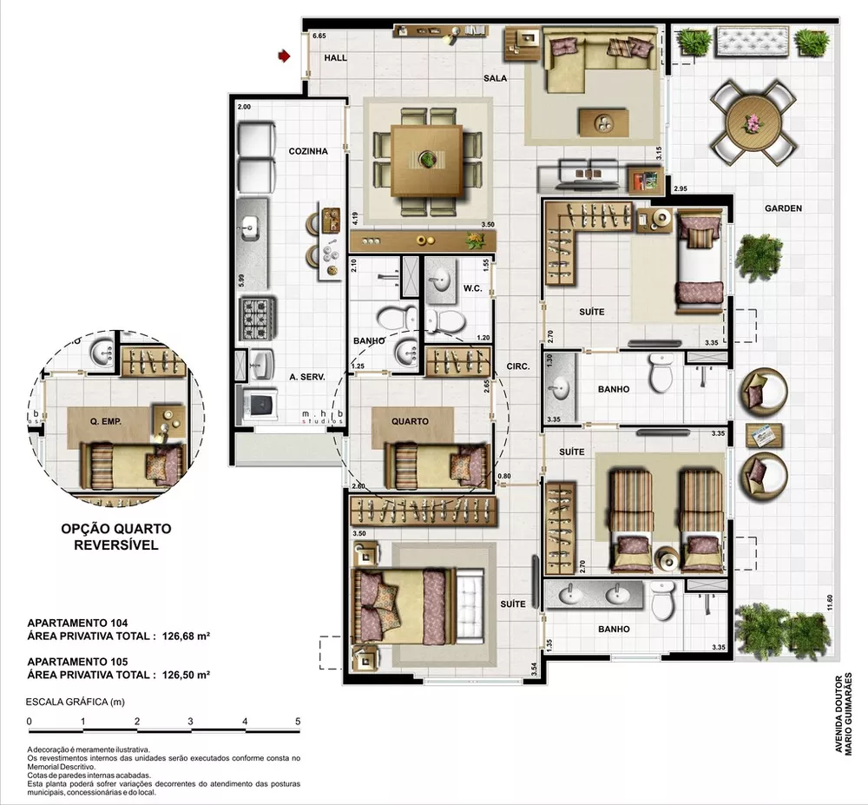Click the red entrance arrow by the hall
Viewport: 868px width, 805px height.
[283, 56]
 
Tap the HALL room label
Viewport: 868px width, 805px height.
[335, 58]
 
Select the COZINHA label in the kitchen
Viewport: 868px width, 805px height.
[308, 151]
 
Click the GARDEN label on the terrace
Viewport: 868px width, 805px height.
[783, 208]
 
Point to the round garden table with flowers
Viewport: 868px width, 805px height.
[752, 122]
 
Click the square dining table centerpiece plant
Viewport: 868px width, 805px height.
[427, 160]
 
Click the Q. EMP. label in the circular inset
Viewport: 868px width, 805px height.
[105, 421]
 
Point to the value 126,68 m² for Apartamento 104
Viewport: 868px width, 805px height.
[186, 636]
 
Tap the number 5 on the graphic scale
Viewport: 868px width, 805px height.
[298, 722]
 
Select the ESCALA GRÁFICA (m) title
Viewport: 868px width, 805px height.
[69, 701]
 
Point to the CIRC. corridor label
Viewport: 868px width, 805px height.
[519, 366]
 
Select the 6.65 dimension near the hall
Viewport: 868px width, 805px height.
[319, 36]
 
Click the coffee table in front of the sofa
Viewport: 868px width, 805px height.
[604, 121]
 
